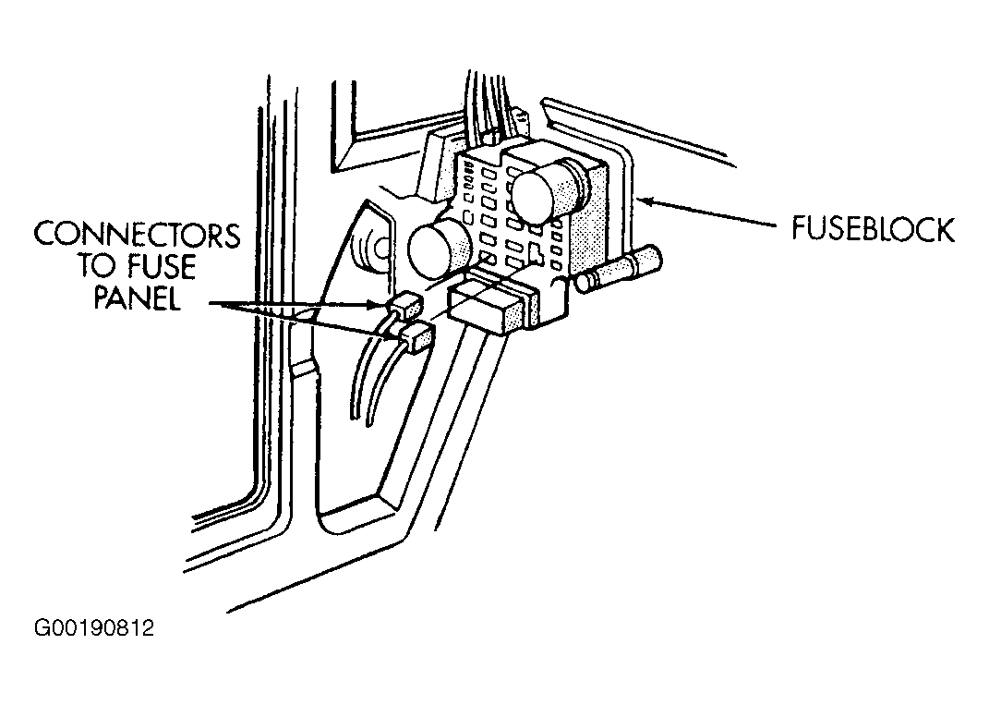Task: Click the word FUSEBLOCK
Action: click(x=873, y=230)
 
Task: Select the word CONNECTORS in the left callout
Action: click(x=137, y=235)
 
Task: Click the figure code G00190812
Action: click(x=94, y=628)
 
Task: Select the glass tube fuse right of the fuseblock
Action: click(x=618, y=269)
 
